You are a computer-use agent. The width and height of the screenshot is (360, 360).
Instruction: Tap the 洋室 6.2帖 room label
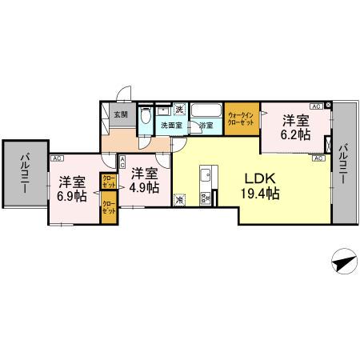294,128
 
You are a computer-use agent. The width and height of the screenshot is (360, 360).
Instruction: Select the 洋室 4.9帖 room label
144,180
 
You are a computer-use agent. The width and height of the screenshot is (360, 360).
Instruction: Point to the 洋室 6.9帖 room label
70,188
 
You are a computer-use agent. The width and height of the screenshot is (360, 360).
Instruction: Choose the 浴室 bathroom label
206,126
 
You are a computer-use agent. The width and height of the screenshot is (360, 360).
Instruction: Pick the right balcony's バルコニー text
343,164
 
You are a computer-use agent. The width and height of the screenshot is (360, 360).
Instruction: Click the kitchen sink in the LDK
205,174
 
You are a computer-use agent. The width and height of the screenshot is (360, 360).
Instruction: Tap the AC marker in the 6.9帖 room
57,158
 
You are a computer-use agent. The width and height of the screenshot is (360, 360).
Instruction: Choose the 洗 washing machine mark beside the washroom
181,110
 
